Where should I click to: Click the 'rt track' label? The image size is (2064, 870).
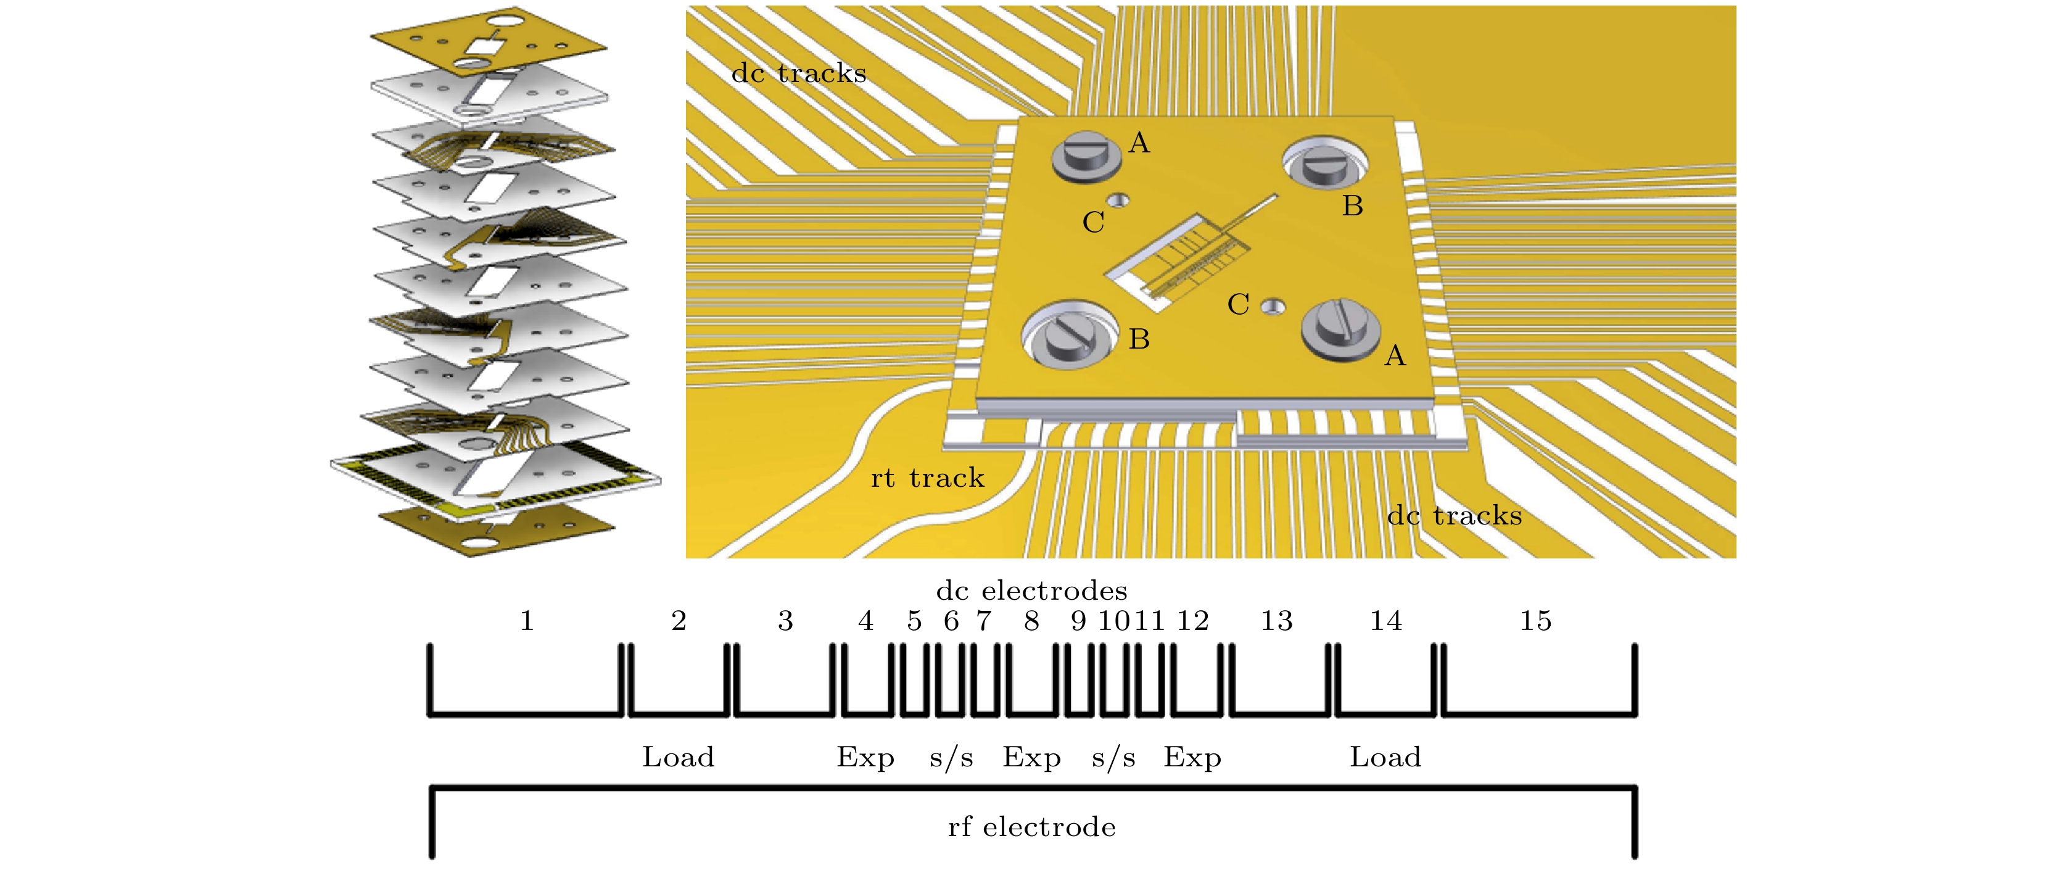pyautogui.click(x=927, y=478)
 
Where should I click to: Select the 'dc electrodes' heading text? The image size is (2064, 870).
pyautogui.click(x=1031, y=590)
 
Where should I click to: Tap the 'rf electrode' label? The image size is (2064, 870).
pyautogui.click(x=1031, y=826)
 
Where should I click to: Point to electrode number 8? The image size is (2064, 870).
pyautogui.click(x=1031, y=621)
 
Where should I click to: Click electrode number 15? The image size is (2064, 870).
pyautogui.click(x=1535, y=621)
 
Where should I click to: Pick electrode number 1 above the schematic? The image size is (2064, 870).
pyautogui.click(x=526, y=621)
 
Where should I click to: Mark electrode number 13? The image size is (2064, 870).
pyautogui.click(x=1276, y=621)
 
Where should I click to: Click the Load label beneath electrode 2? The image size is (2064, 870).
pyautogui.click(x=678, y=757)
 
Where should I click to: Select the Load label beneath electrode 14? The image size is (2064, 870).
pyautogui.click(x=1385, y=757)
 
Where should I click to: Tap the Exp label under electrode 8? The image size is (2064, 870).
pyautogui.click(x=1031, y=757)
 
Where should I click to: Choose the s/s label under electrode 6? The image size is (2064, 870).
pyautogui.click(x=951, y=757)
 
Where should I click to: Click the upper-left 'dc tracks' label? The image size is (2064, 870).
pyautogui.click(x=799, y=73)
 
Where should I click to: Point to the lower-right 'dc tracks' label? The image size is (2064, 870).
pyautogui.click(x=1455, y=516)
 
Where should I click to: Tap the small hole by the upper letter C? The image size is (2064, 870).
pyautogui.click(x=1118, y=201)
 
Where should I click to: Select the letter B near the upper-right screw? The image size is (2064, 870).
pyautogui.click(x=1353, y=206)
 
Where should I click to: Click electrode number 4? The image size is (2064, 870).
pyautogui.click(x=865, y=621)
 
